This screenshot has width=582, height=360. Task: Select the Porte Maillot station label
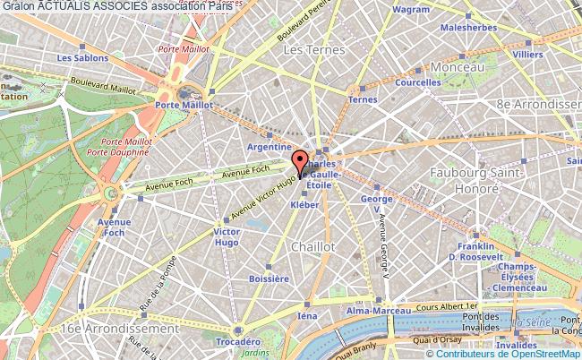[x=184, y=104]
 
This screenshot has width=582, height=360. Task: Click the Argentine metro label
[x=270, y=146]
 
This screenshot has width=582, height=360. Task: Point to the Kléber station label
[x=304, y=204]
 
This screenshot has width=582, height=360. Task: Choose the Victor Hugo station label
[x=226, y=237]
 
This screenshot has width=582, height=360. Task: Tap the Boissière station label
[x=270, y=279]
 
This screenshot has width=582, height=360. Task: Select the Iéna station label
[x=307, y=316]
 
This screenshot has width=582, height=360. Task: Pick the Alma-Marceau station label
[x=372, y=311]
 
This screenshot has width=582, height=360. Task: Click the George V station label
[x=377, y=203]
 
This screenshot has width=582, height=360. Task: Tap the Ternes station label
[x=363, y=99]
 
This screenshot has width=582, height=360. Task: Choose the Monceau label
[x=457, y=67]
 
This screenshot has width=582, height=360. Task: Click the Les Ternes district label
[x=309, y=51]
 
